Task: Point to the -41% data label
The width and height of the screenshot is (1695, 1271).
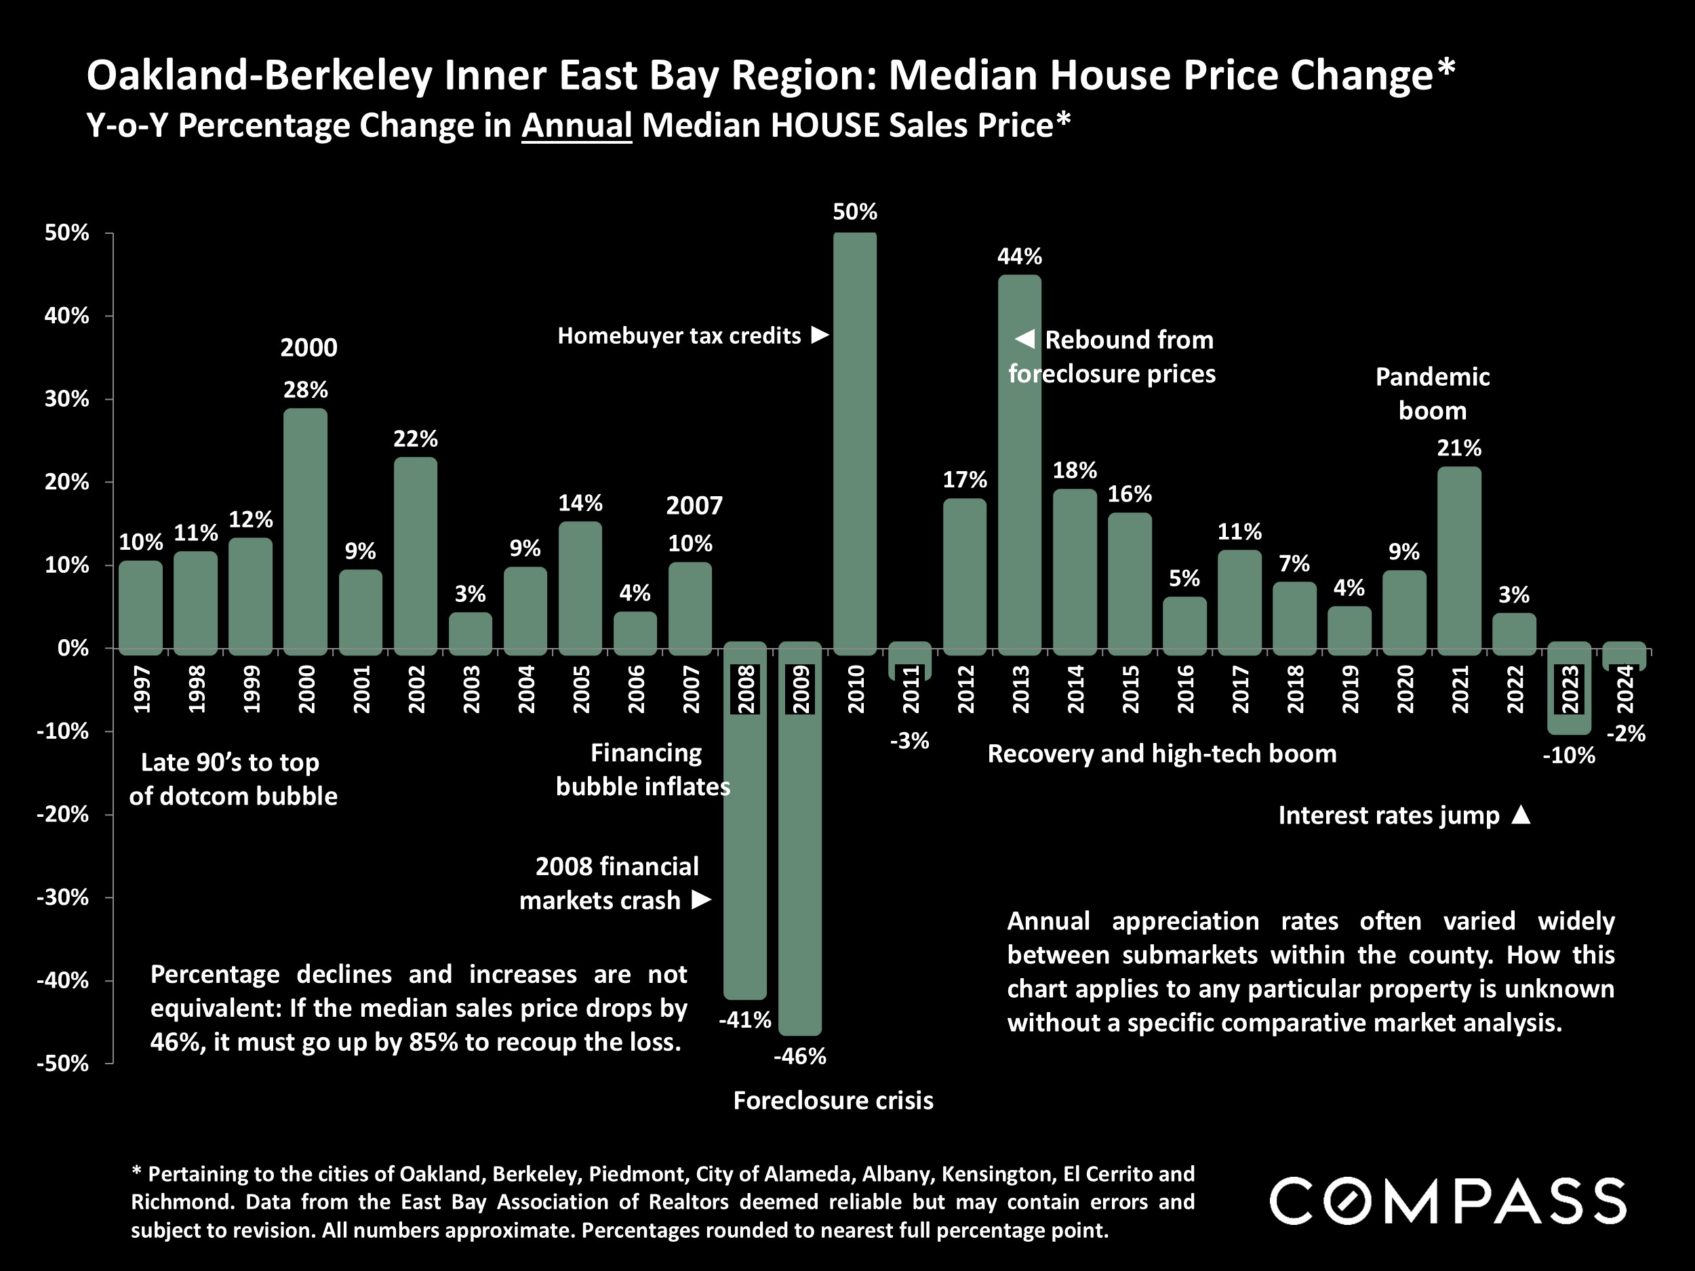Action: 745,1020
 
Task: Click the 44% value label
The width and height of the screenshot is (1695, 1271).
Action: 1019,257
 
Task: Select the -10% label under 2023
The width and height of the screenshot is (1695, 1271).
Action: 1569,756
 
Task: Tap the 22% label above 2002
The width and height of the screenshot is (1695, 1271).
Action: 416,439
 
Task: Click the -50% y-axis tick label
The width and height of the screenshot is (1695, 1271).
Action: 63,1064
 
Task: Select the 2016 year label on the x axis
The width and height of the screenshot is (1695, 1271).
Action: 1185,689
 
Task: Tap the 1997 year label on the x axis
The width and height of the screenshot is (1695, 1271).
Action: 141,689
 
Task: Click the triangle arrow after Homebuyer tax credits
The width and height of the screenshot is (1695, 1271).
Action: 820,335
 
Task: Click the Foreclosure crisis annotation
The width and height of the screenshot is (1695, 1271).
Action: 833,1101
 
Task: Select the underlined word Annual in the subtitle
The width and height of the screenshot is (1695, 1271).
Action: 576,125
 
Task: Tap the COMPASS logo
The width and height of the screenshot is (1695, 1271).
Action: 1448,1201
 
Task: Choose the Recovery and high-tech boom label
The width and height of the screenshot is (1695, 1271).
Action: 1161,754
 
